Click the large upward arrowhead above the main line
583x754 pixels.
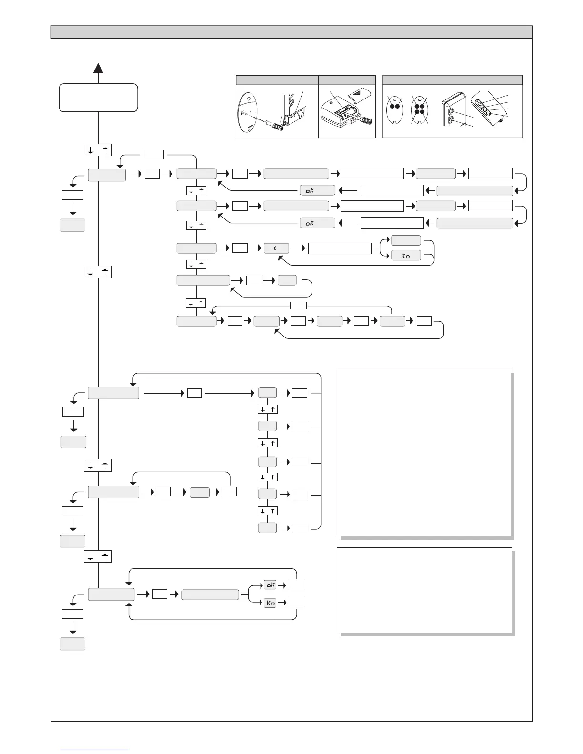pyautogui.click(x=98, y=68)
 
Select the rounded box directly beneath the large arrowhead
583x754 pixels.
pyautogui.click(x=98, y=98)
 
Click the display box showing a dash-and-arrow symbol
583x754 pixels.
pyautogui.click(x=276, y=248)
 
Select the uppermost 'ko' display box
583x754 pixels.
pyautogui.click(x=406, y=256)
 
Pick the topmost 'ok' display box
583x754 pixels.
pyautogui.click(x=317, y=190)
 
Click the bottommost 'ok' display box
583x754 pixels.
pyautogui.click(x=270, y=585)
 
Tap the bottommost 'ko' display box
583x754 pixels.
pyautogui.click(x=270, y=603)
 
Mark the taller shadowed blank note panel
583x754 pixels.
pyautogui.click(x=423, y=452)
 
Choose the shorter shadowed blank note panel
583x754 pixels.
pyautogui.click(x=424, y=590)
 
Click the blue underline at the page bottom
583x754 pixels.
pyautogui.click(x=94, y=750)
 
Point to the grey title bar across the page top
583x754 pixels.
pyautogui.click(x=291, y=32)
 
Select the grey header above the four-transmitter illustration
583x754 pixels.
pyautogui.click(x=452, y=80)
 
